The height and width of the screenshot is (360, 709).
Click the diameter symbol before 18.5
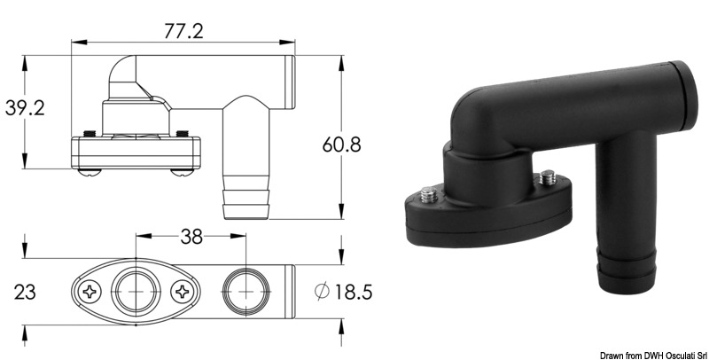(323, 290)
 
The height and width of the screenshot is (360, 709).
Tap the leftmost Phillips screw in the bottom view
(91, 290)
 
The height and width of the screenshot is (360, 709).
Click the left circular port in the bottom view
(136, 290)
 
